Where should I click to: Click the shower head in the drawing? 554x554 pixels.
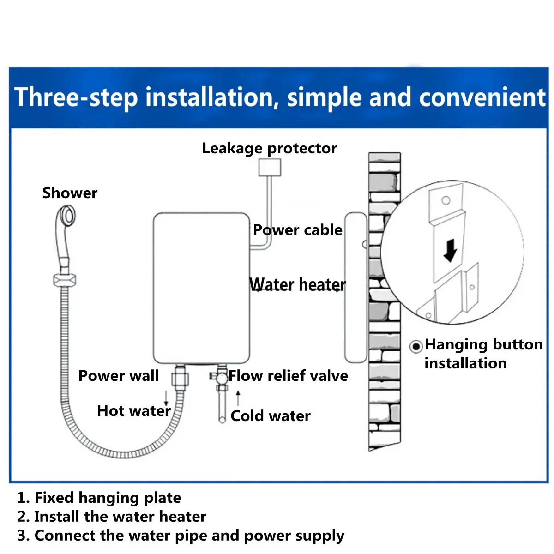coord(66,217)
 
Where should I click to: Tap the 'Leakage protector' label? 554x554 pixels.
coord(269,148)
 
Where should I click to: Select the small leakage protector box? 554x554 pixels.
coord(270,167)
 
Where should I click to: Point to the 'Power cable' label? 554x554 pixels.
coord(297,230)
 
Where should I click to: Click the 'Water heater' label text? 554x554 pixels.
coord(297,284)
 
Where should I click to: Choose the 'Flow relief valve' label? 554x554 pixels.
coord(288,376)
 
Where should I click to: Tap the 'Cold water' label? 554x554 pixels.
coord(270,416)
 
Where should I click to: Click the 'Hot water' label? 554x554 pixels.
coord(133,411)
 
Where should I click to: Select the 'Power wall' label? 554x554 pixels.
coord(118,376)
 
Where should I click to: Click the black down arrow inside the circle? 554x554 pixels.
coord(450,252)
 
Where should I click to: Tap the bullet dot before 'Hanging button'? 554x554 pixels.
coord(416,346)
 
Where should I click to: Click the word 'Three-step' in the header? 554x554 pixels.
coord(76,98)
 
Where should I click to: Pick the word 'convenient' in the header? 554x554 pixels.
coord(482,98)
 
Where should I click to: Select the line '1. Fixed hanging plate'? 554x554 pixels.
coord(99,498)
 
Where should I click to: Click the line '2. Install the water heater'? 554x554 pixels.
coord(111,516)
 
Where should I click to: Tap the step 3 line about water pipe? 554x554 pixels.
coord(181,536)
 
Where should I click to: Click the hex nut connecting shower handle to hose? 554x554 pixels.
coord(64,280)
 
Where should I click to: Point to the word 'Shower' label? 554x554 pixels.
coord(70,193)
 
